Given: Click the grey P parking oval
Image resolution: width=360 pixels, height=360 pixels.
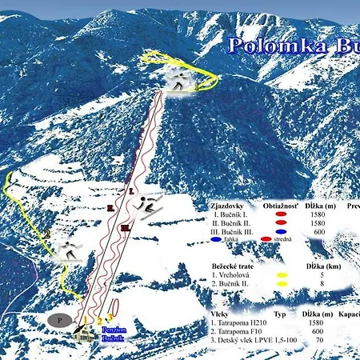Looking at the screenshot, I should pos(58,319).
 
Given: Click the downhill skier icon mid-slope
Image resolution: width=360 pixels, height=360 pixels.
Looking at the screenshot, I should pos(149,207).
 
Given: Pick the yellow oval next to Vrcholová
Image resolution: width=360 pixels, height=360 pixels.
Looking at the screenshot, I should pos(282,274).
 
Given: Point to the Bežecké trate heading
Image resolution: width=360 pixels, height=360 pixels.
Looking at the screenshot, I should pos(237,265).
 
